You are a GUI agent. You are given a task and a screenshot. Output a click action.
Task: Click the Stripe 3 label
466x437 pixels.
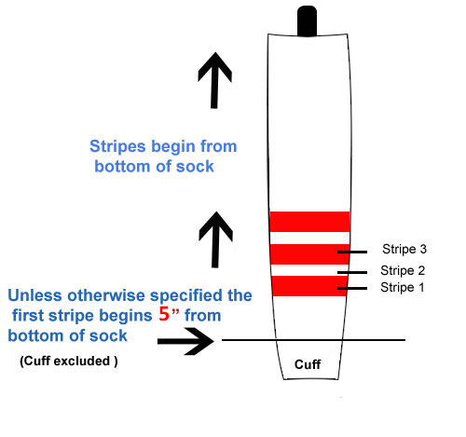point(404,249)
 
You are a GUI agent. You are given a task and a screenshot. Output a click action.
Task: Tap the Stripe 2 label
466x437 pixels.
point(403,270)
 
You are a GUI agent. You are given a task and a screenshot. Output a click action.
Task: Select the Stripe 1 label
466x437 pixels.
point(403,287)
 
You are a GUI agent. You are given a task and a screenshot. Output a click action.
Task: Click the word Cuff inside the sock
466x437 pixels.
point(308,364)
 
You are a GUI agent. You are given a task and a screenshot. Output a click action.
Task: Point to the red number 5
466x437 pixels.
point(164,314)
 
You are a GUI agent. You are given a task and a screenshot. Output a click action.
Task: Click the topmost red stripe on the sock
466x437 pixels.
point(309,222)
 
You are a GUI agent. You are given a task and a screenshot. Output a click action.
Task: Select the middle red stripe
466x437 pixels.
point(310,254)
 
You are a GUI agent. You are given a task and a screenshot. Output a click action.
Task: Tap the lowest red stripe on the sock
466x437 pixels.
point(309,286)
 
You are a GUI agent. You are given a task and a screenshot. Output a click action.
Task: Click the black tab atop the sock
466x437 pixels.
point(307,21)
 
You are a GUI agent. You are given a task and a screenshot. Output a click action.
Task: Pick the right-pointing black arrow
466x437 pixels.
point(185,341)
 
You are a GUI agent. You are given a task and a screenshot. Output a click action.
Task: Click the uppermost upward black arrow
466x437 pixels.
point(214,80)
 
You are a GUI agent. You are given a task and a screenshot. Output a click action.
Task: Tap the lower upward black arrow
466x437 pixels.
point(215,239)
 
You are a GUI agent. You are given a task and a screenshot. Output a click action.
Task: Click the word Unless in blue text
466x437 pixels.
point(34,295)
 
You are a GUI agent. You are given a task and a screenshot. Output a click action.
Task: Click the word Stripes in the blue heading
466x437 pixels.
point(117,146)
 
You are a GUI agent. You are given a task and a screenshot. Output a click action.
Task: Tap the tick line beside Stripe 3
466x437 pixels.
point(352,252)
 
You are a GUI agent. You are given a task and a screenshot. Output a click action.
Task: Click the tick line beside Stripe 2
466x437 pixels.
point(352,272)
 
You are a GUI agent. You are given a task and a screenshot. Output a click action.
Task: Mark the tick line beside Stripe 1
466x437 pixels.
point(352,289)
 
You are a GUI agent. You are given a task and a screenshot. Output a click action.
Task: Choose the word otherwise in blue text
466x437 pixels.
point(106,295)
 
